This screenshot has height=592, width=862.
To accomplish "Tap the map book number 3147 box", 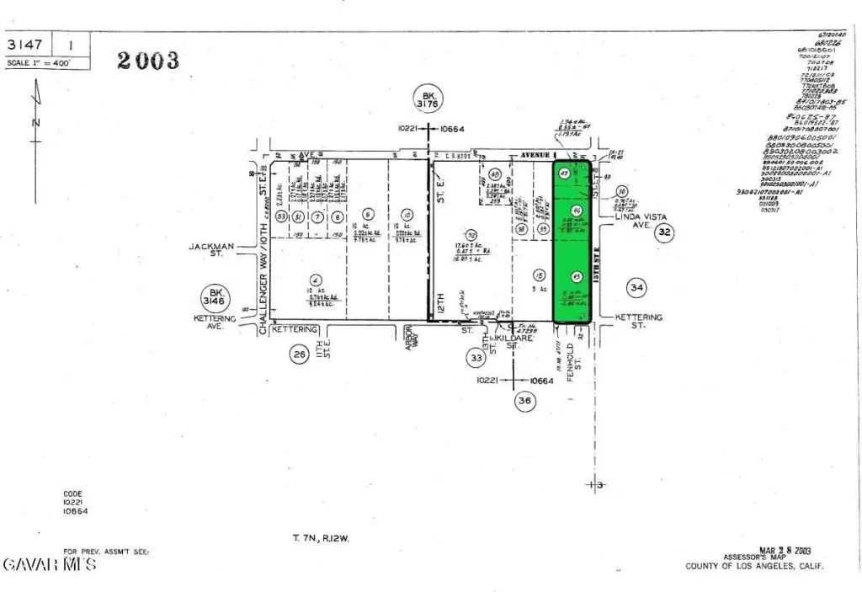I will (29, 45).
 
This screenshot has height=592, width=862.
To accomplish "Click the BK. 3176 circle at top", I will (428, 99).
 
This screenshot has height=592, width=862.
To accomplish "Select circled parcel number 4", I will (314, 280).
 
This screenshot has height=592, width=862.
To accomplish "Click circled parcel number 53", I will (279, 217).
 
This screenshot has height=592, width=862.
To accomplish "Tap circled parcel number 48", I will (495, 174).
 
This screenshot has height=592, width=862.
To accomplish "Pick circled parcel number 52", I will (471, 235).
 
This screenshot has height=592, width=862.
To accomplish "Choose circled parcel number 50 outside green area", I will (622, 190).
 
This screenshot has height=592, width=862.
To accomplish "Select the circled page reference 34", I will (637, 288).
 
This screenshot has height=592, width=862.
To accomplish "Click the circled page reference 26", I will (299, 355).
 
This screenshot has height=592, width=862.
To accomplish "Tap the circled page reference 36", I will (525, 402).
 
